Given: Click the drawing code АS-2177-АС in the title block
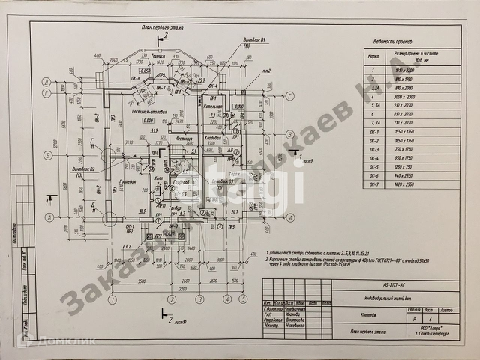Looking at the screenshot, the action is click(x=391, y=285).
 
